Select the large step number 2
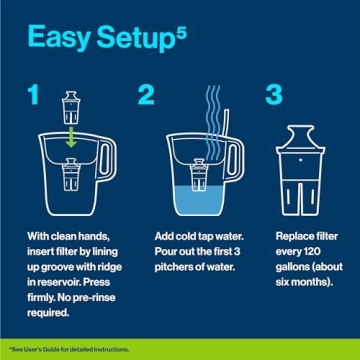click(x=147, y=97)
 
